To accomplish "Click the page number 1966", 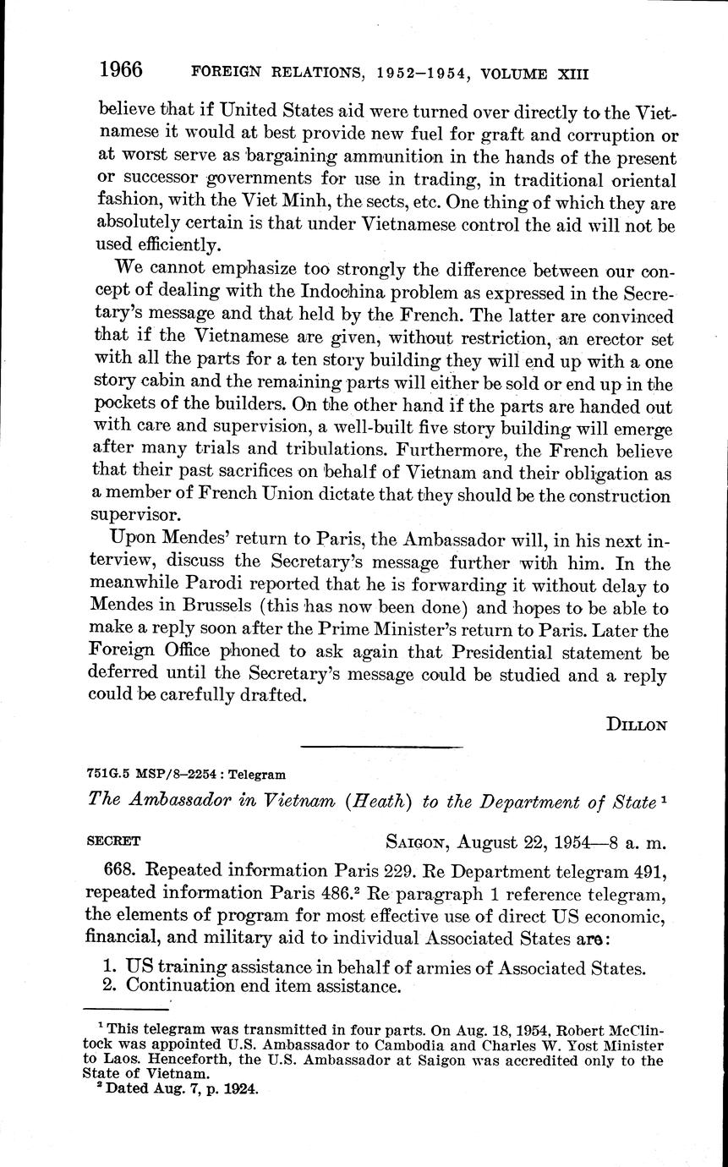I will [x=120, y=69].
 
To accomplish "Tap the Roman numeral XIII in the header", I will [x=571, y=74].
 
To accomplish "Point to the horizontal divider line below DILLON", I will [x=381, y=747].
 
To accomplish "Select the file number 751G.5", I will [x=105, y=775].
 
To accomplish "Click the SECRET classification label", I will [x=114, y=841].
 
